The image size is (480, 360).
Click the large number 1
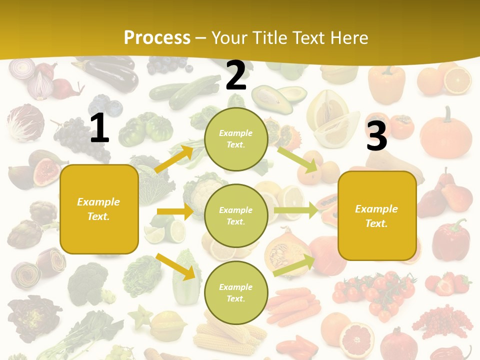coord(99,128)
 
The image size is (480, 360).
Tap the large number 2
coord(236,75)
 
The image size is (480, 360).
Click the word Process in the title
coord(157,37)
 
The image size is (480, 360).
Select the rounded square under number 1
coord(99,209)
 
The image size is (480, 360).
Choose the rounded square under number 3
coord(377,215)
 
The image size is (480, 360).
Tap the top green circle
coord(236,139)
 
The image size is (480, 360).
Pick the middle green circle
coord(236,215)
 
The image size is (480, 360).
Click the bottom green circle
coord(236,292)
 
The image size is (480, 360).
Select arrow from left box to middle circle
coord(175,211)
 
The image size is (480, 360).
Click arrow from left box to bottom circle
coord(175,266)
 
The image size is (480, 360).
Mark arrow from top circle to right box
coord(298,159)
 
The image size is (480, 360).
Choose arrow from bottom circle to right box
coord(294,265)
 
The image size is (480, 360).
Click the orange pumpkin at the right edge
coord(445,133)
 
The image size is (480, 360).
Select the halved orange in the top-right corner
coord(457,80)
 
